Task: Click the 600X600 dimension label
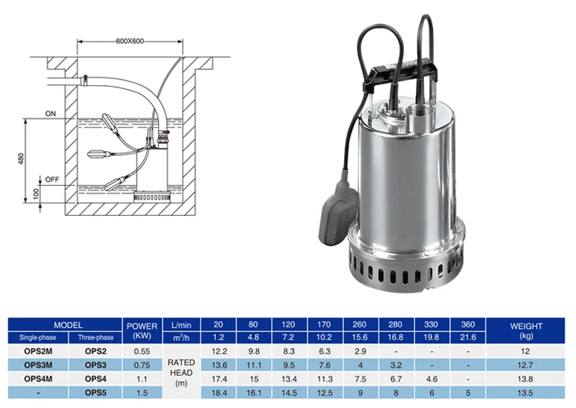(x=130, y=41)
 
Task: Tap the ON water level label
(x=51, y=114)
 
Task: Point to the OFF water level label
(x=52, y=179)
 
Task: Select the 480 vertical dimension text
(x=21, y=158)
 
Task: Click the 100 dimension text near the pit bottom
(x=36, y=194)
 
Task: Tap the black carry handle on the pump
(x=400, y=76)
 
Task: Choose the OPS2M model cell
(x=38, y=351)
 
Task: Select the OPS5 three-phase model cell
(x=95, y=393)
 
